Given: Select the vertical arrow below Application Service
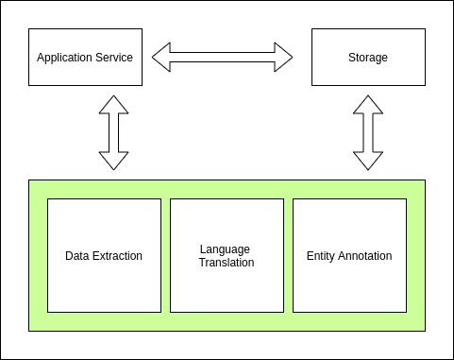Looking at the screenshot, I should (113, 132).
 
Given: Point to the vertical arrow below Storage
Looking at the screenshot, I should (368, 132).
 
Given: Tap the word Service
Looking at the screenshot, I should (114, 58).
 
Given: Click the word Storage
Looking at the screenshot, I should (368, 58).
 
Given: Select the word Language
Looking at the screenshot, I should (226, 249).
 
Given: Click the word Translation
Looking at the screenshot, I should (227, 263).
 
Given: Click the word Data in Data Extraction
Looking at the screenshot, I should (77, 256).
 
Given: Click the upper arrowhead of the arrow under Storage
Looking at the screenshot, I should (368, 105).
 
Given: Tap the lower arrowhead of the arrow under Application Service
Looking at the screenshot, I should (113, 160).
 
